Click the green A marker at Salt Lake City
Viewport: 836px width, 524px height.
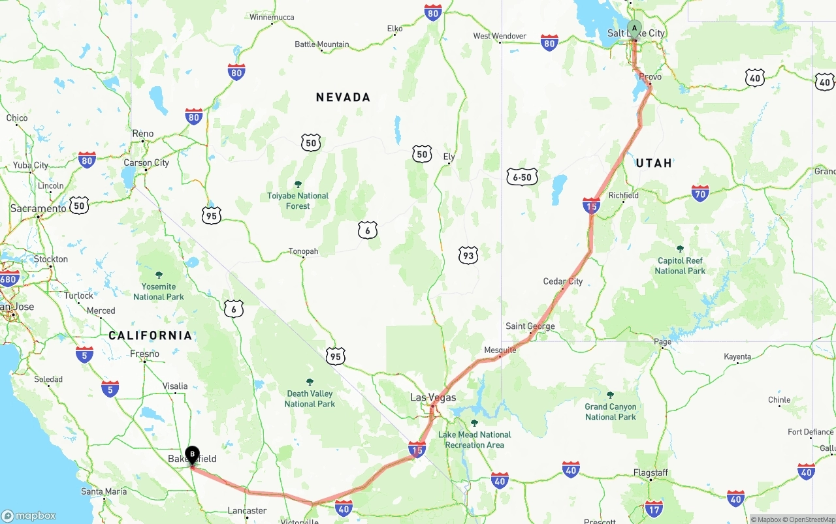coord(634,28)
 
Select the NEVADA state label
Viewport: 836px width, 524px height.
coord(343,97)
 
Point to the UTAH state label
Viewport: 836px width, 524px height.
coord(654,163)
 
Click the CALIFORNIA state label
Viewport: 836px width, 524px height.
coord(150,335)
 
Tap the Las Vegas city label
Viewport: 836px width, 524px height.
coord(433,397)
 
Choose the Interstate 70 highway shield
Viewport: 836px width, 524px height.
coord(700,193)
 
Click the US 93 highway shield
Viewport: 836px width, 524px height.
coord(468,256)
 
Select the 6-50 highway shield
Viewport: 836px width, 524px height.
coord(522,177)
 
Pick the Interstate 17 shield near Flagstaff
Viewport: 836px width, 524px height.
coord(654,508)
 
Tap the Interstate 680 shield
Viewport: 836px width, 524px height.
coord(8,279)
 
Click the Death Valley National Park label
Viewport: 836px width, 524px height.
coord(310,399)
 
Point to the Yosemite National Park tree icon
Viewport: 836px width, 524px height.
coord(159,275)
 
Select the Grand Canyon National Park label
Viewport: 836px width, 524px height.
coord(610,412)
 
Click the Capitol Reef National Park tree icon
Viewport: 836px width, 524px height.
coord(680,249)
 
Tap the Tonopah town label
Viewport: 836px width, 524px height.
coord(303,251)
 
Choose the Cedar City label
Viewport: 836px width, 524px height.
coord(562,281)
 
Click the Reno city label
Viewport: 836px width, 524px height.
coord(143,134)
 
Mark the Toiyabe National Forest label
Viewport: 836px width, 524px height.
coord(298,200)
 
